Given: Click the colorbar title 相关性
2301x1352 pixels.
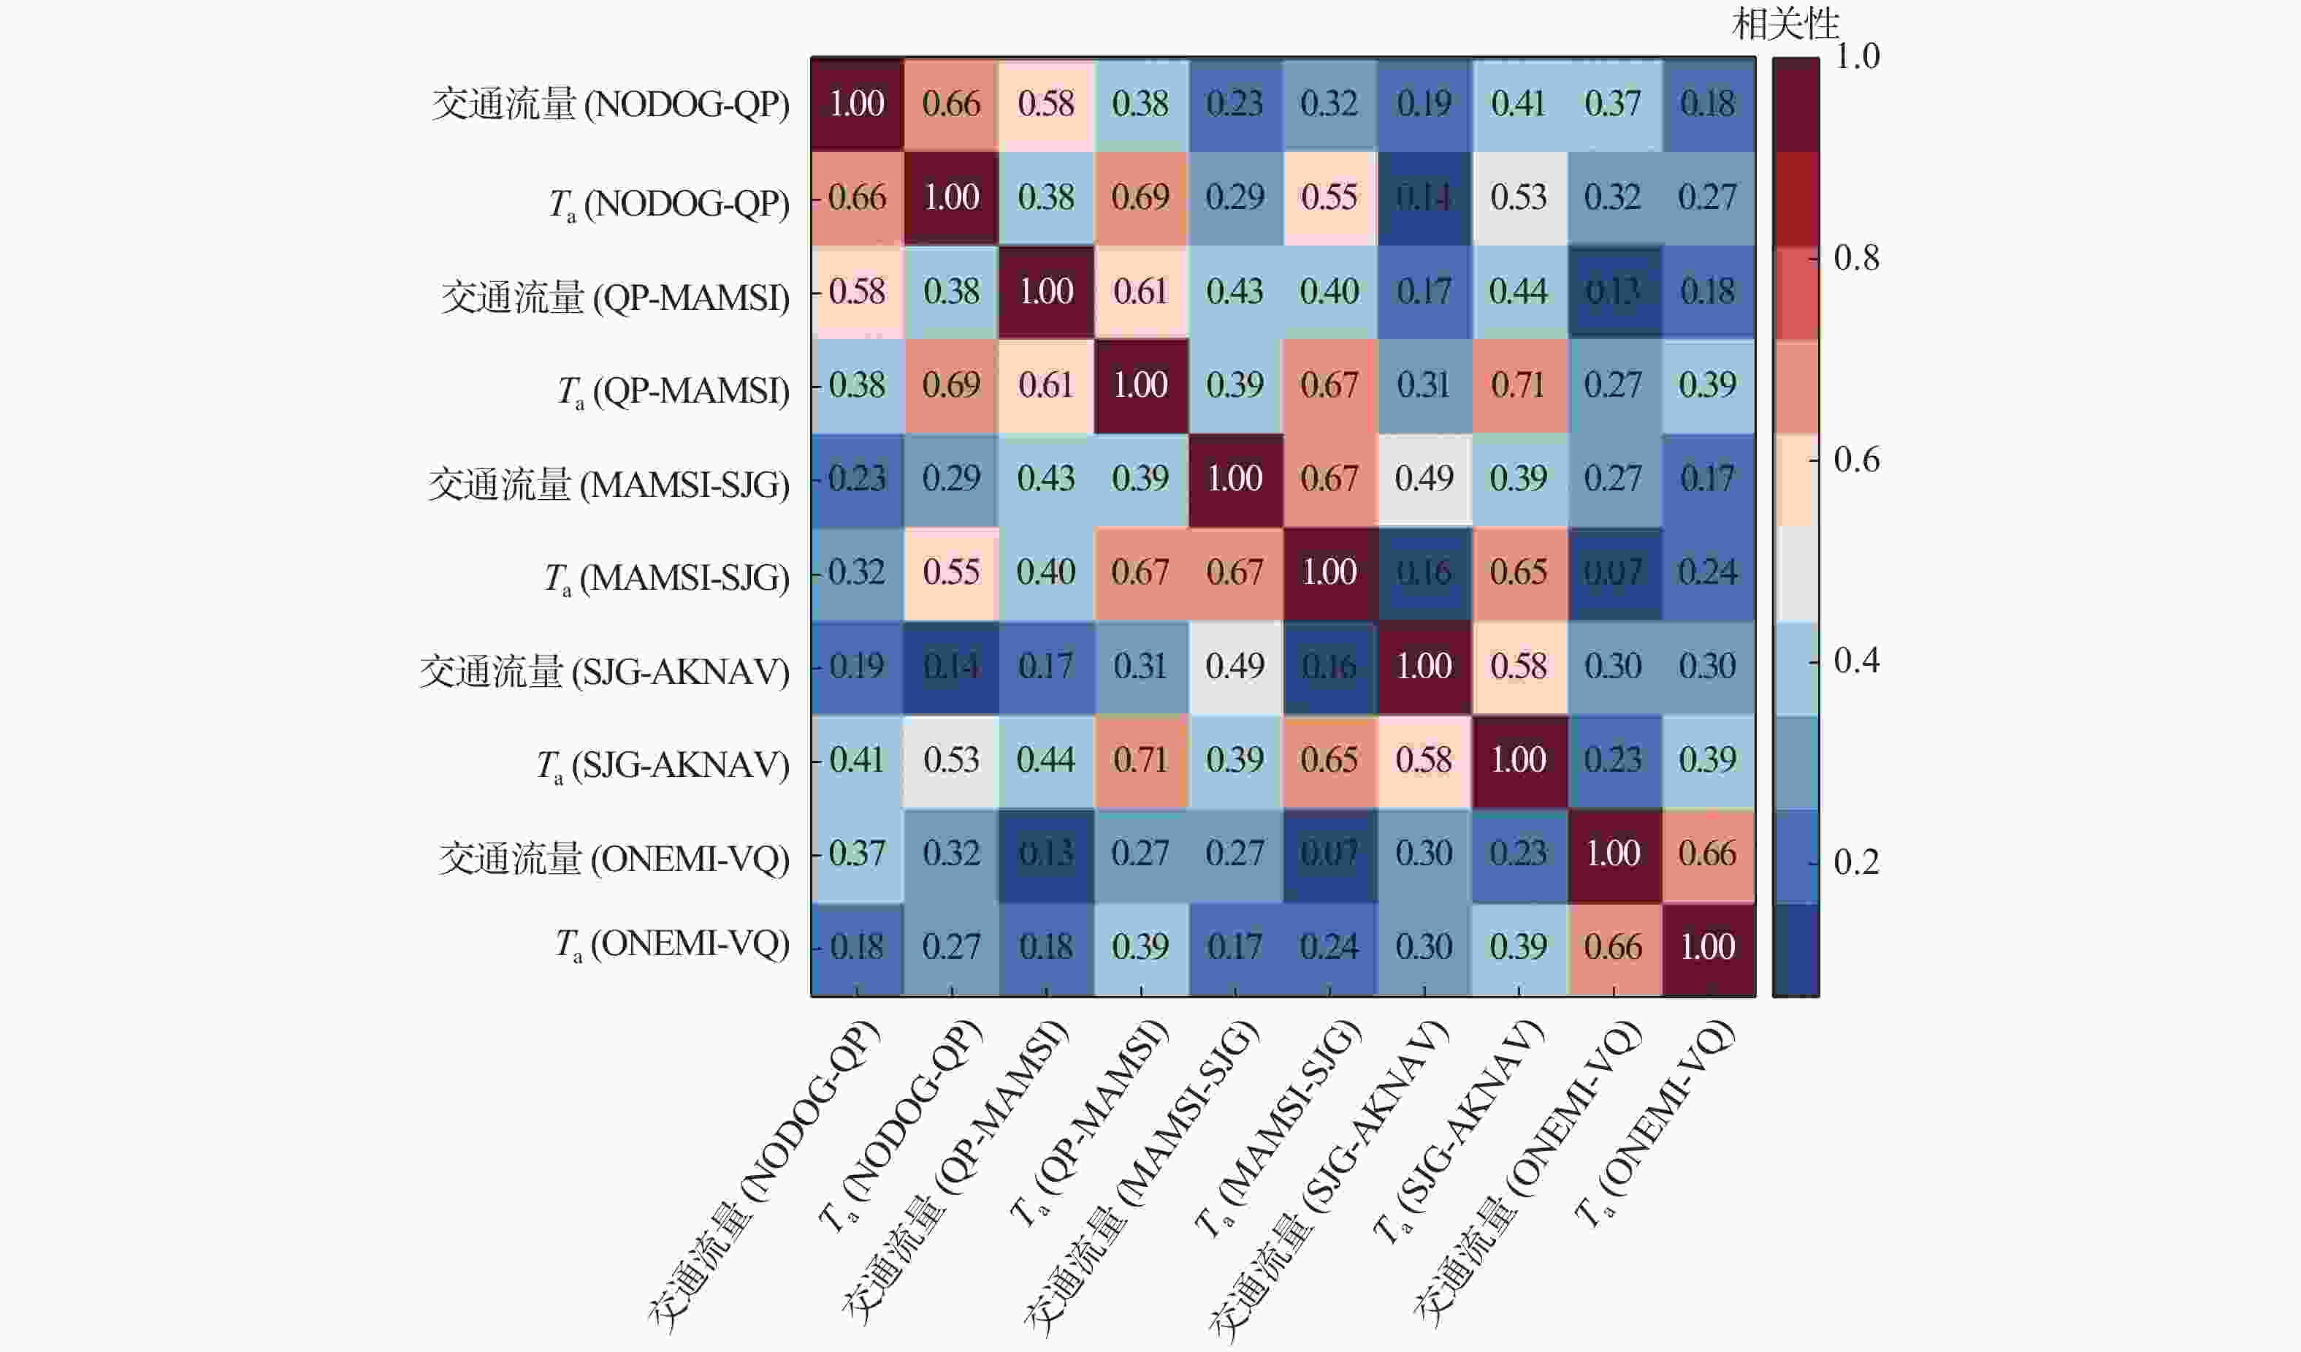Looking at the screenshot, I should pyautogui.click(x=1785, y=23).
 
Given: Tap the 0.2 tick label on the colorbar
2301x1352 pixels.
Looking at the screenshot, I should pyautogui.click(x=1856, y=862).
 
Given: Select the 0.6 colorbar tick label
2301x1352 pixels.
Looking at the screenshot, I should pyautogui.click(x=1856, y=460).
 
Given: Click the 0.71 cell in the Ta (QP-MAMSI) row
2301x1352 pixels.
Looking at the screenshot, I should pyautogui.click(x=1519, y=384).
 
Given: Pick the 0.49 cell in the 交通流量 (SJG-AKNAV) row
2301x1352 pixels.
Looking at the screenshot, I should pyautogui.click(x=1235, y=666).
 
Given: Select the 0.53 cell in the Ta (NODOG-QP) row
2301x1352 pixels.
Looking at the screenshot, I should pyautogui.click(x=1519, y=197).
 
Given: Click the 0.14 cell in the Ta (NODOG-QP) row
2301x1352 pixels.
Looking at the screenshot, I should pyautogui.click(x=1424, y=197).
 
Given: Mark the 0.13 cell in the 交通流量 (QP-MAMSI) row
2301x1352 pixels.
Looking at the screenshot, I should pyautogui.click(x=1614, y=292).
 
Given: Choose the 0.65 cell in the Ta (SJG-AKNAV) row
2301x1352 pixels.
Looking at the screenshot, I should pyautogui.click(x=1329, y=760).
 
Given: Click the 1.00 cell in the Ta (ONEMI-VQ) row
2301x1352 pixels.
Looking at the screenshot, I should pyautogui.click(x=1708, y=946).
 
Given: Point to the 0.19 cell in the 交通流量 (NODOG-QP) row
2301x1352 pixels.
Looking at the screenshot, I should pyautogui.click(x=1424, y=103).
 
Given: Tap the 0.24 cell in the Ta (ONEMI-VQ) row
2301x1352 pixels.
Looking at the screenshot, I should pyautogui.click(x=1329, y=946).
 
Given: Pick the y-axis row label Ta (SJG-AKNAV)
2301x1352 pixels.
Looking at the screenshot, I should pyautogui.click(x=663, y=764).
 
